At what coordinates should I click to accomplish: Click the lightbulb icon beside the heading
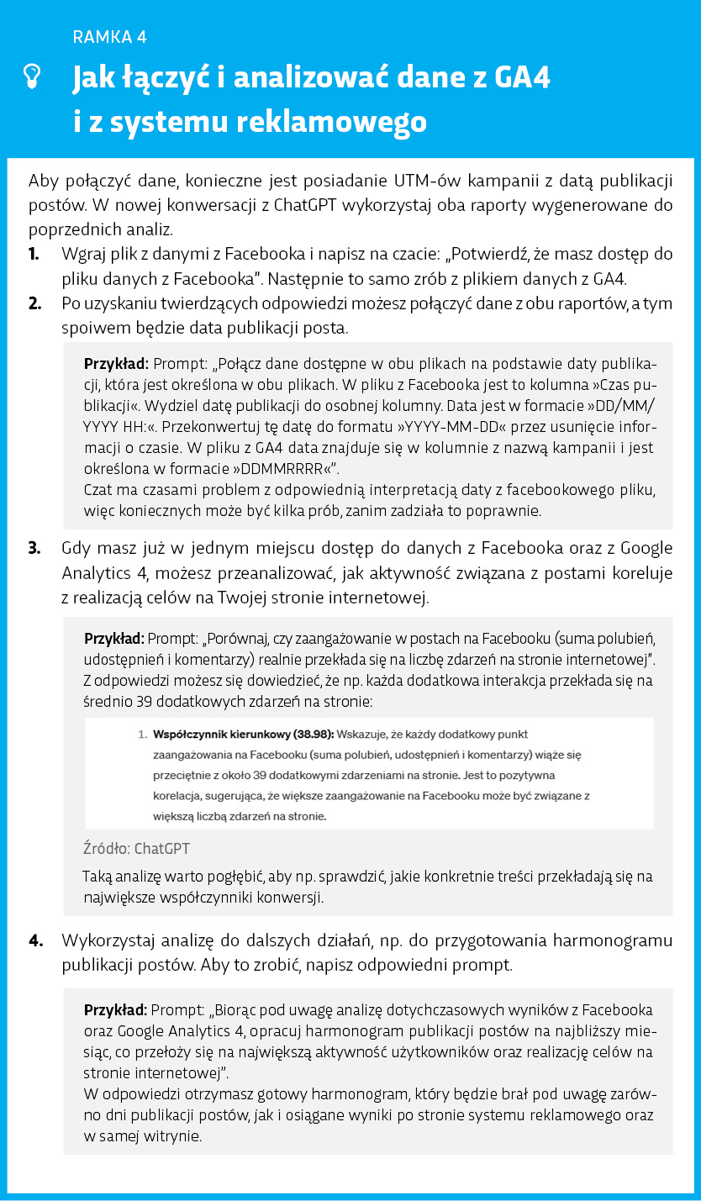tap(31, 77)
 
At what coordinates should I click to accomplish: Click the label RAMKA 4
tap(110, 36)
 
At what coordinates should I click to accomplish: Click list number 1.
tap(34, 254)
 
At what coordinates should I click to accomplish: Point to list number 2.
tap(34, 303)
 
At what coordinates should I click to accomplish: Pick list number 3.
tap(34, 549)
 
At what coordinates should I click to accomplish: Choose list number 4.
tap(35, 940)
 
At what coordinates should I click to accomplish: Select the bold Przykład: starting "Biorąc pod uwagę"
tap(116, 1009)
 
